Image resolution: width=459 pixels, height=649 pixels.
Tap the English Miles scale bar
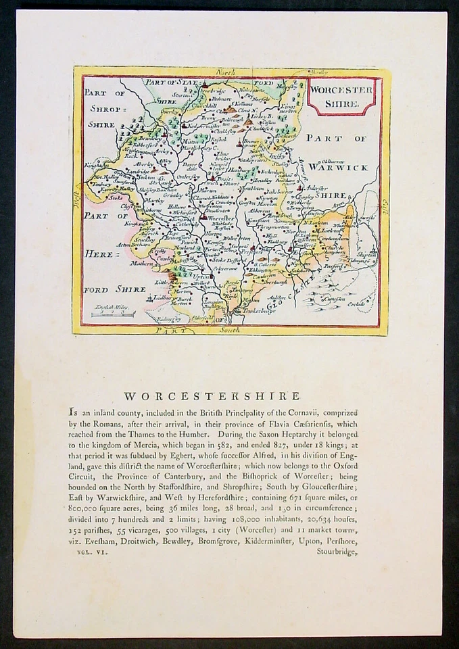pyautogui.click(x=113, y=313)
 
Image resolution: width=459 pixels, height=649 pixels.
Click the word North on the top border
pyautogui.click(x=224, y=71)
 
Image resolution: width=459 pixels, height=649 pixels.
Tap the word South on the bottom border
pyautogui.click(x=229, y=330)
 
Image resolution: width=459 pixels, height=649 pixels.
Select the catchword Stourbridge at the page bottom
pyautogui.click(x=336, y=552)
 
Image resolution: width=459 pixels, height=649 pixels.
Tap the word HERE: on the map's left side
pyautogui.click(x=101, y=254)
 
